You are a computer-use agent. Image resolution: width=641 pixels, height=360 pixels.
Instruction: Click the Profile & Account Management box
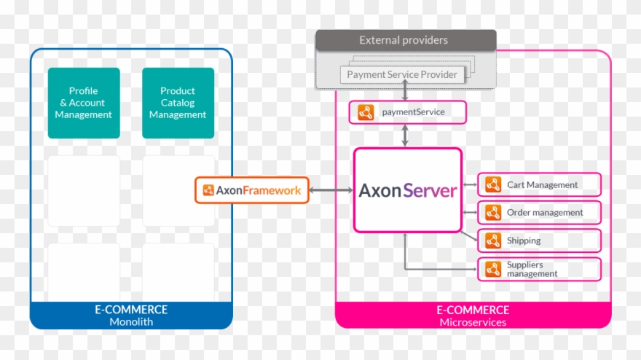point(83,103)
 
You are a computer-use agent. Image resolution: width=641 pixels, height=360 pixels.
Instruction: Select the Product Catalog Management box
point(178,103)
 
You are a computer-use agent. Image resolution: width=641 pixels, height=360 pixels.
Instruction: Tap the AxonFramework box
point(252,190)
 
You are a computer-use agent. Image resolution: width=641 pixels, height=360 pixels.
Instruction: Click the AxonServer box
point(407,190)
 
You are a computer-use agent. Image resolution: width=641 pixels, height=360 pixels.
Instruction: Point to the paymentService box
point(406,112)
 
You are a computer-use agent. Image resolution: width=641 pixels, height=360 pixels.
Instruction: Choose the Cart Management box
point(539,185)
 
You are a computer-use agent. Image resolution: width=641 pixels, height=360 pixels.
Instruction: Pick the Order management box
point(539,213)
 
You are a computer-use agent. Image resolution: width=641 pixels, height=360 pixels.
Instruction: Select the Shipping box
point(539,240)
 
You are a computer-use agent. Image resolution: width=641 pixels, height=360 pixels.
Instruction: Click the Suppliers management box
point(539,269)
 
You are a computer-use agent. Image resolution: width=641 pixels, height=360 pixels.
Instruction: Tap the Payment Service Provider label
point(402,74)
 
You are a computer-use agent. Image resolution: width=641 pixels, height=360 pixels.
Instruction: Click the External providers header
point(405,40)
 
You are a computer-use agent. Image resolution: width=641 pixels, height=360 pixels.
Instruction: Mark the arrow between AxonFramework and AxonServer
point(331,190)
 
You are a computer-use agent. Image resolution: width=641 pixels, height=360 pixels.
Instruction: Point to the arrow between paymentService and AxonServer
point(406,136)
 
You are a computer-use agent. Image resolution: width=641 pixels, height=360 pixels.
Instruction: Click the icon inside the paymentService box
point(366,112)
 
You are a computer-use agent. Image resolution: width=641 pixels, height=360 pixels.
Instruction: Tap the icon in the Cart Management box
point(493,185)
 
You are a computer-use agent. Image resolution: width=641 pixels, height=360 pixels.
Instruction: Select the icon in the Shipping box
point(493,240)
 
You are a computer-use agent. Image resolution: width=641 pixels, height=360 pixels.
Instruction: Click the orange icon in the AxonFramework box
point(208,190)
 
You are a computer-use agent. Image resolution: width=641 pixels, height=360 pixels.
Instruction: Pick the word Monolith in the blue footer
point(131,321)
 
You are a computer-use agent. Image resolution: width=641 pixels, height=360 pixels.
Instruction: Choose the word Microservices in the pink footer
point(473,321)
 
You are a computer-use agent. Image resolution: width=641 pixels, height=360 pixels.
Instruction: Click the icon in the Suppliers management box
point(493,269)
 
